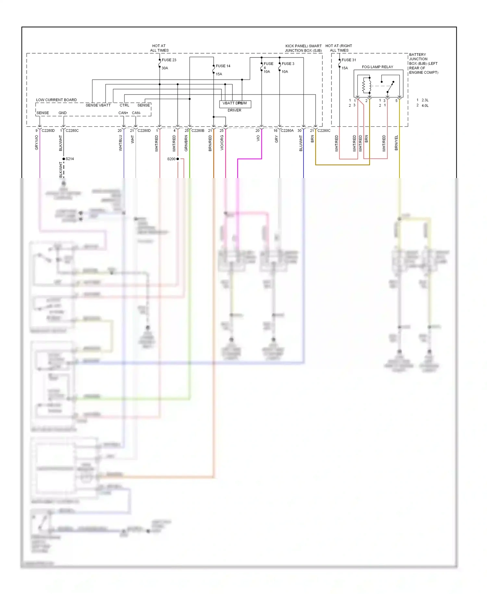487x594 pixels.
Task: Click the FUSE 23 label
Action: click(169, 60)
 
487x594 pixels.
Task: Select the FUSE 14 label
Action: click(223, 66)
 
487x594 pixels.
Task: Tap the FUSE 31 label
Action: click(349, 60)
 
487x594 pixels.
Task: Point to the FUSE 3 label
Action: click(288, 64)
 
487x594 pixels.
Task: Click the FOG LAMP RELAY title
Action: click(377, 67)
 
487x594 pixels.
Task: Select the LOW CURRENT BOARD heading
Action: click(56, 100)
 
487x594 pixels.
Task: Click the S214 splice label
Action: click(70, 159)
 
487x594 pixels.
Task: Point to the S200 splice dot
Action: click(178, 159)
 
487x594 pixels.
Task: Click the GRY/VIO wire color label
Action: click(37, 143)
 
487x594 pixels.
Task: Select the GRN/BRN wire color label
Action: click(186, 143)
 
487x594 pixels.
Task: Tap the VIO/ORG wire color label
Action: click(222, 143)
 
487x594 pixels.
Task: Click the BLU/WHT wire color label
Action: click(301, 143)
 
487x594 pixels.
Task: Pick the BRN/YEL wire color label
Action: click(396, 143)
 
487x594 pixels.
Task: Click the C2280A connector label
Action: click(287, 131)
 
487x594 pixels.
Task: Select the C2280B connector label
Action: click(198, 131)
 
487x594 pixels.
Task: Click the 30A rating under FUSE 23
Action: click(165, 68)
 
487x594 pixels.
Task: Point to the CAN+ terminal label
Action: click(123, 113)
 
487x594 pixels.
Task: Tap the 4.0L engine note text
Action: click(425, 106)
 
